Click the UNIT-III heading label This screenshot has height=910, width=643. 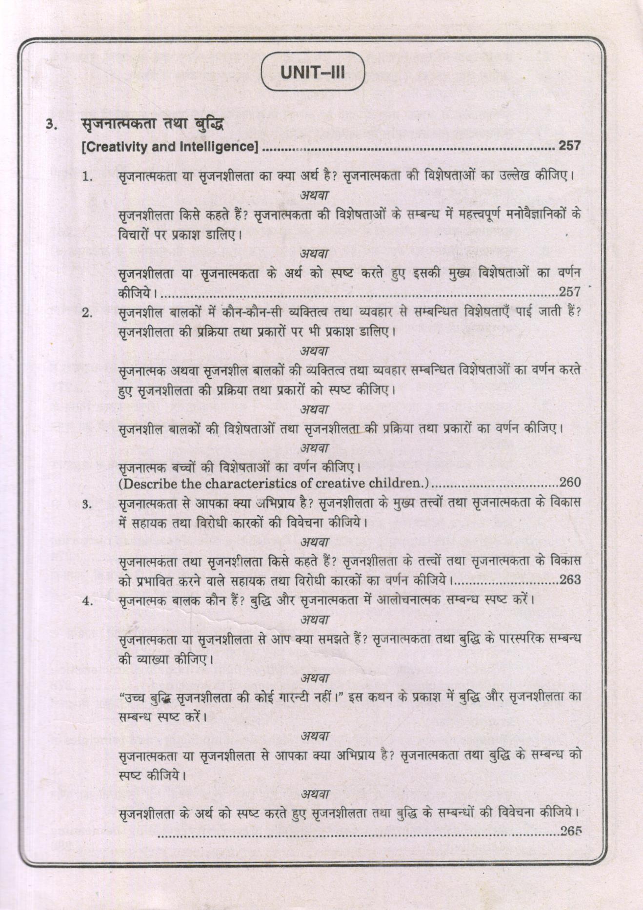coord(313,73)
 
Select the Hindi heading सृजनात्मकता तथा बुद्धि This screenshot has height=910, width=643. coord(152,124)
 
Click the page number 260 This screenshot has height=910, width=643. coord(570,483)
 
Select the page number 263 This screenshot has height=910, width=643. coord(570,580)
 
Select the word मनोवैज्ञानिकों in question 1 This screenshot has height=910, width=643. coord(528,215)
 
